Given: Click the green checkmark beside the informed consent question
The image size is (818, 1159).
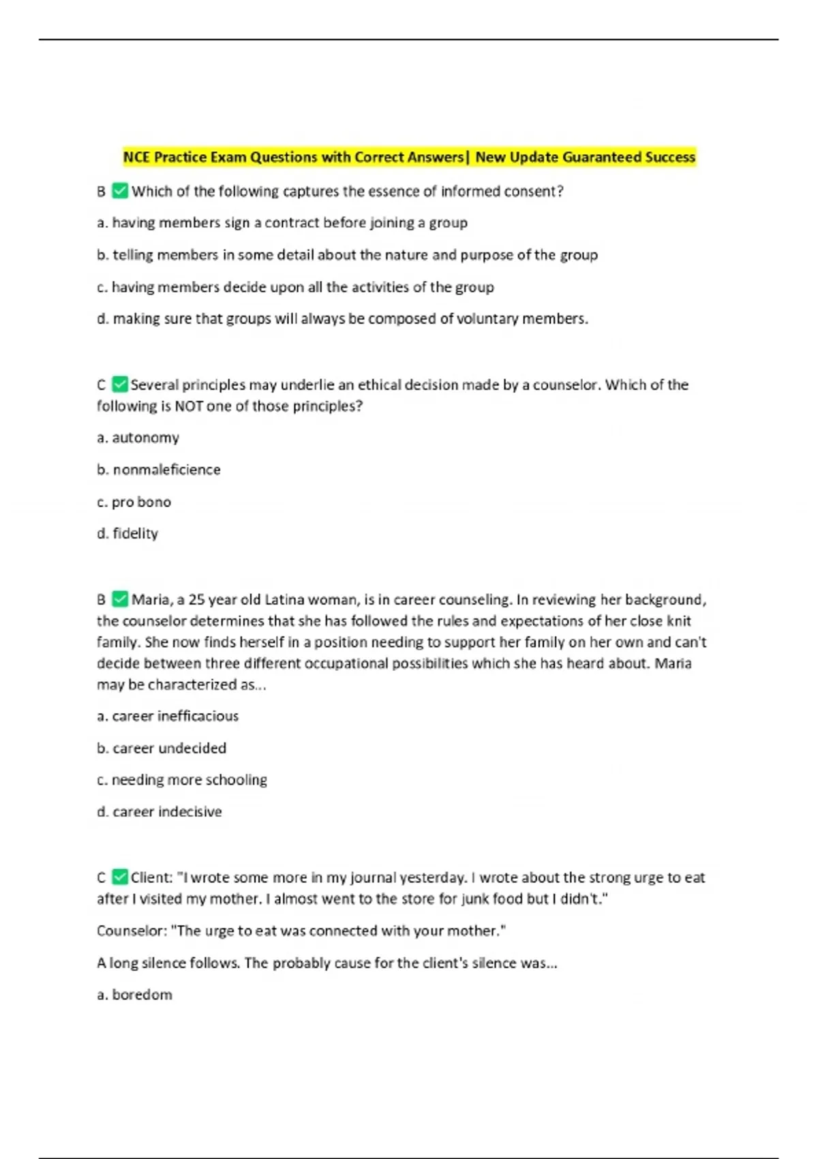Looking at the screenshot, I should (120, 191).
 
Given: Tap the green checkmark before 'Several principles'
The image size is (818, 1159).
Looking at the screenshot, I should (120, 385).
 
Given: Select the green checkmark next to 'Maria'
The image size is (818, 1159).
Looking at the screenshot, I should (120, 599).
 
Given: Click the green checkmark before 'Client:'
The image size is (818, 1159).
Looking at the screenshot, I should (120, 877).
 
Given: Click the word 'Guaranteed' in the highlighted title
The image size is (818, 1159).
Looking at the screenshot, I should (602, 157).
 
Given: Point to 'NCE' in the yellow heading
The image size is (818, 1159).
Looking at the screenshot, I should (136, 157).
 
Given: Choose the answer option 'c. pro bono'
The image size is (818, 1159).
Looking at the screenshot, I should (134, 502).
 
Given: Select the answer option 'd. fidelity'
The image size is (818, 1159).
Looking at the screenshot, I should (127, 533).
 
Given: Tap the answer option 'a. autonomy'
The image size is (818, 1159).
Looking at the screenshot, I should (138, 438).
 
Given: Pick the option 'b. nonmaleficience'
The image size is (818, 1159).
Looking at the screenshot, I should (158, 470).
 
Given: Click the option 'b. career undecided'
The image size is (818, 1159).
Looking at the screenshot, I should (162, 748).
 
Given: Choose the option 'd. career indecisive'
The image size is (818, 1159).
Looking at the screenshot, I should (159, 811).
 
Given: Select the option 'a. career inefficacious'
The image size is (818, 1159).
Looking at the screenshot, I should (168, 716).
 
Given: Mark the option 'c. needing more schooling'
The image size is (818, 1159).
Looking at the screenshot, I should (182, 779).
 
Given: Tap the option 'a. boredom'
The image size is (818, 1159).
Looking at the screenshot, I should (134, 995).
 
